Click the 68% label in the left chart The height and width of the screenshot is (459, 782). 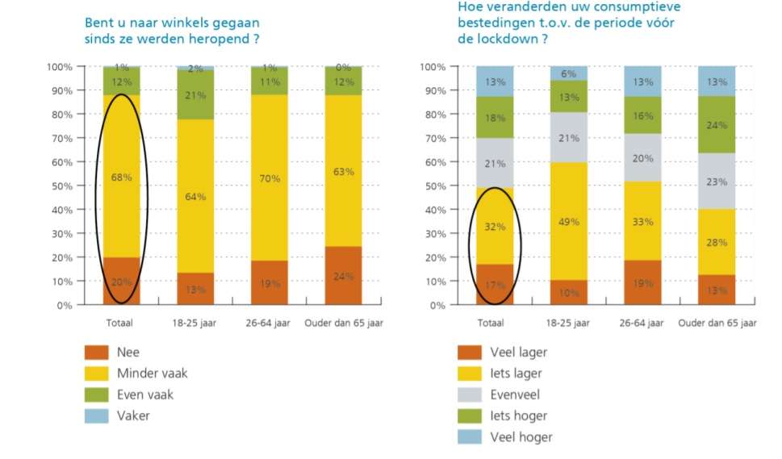(x=121, y=177)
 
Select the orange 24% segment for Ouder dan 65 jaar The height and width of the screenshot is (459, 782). (x=343, y=275)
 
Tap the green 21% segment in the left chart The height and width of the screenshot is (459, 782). (x=195, y=94)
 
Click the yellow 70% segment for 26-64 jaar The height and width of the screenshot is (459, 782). (x=270, y=177)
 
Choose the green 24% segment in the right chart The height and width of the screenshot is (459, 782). (x=717, y=125)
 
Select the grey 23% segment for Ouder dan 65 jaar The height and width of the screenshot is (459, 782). (x=717, y=182)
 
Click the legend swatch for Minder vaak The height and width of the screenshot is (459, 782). (x=96, y=373)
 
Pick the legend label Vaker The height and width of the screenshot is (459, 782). (x=134, y=416)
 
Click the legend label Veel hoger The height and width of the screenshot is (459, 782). (x=521, y=437)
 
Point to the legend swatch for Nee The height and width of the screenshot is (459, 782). (x=96, y=353)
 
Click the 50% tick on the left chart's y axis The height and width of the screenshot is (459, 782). (x=61, y=186)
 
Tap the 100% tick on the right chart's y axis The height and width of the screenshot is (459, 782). (x=433, y=66)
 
